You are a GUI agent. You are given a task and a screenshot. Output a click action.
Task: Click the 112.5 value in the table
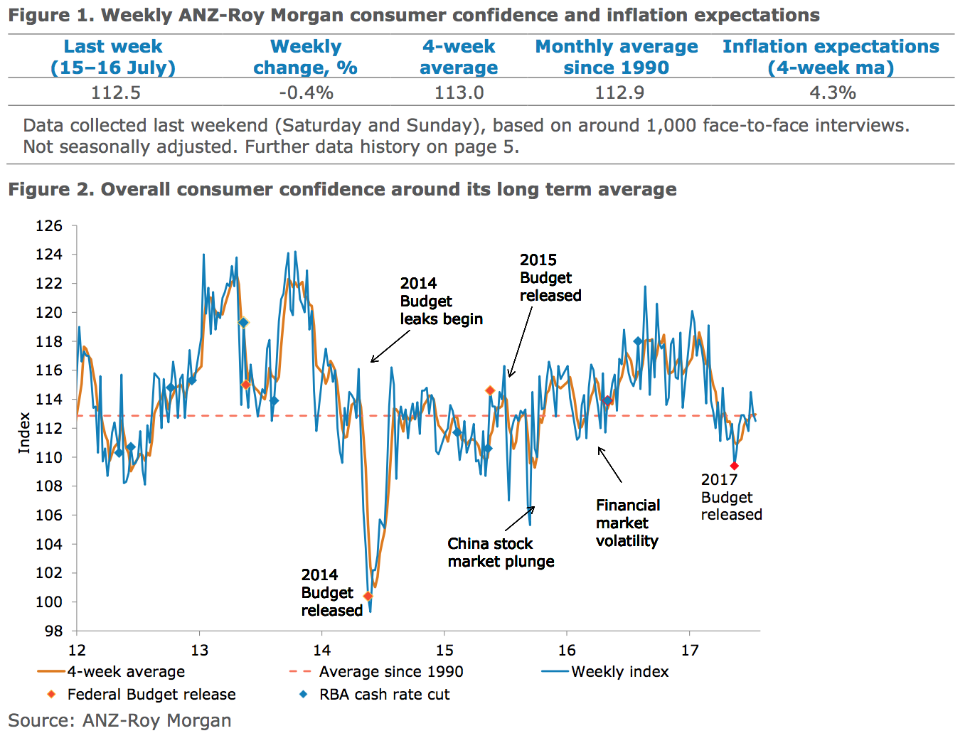116,93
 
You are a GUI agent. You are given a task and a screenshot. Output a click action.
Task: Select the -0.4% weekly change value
306,93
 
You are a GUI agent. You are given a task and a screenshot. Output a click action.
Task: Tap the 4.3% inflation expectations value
832,93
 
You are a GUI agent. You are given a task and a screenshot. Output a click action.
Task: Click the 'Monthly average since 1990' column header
617,57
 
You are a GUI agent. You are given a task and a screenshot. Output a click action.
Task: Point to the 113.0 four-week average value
459,93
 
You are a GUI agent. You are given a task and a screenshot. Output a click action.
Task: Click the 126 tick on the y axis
49,226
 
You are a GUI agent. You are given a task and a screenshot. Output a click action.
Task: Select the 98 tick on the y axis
53,631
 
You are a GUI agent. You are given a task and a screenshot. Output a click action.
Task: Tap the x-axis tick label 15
444,650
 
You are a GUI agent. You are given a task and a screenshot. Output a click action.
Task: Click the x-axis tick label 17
690,650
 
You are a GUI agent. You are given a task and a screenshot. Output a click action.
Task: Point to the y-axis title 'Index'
24,432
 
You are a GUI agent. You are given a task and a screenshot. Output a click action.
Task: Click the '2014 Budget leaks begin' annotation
441,301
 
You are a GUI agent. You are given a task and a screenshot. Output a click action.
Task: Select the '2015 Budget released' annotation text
550,277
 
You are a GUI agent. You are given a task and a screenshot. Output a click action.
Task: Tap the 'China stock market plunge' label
501,552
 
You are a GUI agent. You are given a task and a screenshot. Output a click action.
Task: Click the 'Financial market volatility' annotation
627,523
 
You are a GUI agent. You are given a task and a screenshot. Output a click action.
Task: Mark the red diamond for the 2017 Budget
734,466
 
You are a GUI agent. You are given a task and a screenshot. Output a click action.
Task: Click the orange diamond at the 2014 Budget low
368,596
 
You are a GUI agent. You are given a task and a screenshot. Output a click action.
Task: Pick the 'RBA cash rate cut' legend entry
384,694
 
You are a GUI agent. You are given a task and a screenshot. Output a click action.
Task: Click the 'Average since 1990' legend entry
390,671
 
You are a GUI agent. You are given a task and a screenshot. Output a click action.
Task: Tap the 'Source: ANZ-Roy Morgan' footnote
119,720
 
